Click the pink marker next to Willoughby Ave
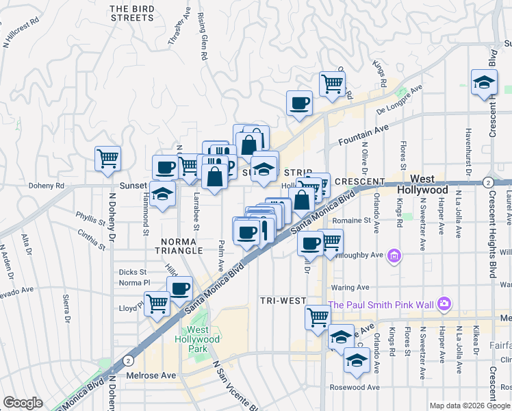394,257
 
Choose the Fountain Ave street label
363,135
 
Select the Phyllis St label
91,222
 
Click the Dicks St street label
133,272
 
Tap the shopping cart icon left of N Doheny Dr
107,159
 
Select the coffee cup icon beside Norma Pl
180,288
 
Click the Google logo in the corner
23,403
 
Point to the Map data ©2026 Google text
470,406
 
